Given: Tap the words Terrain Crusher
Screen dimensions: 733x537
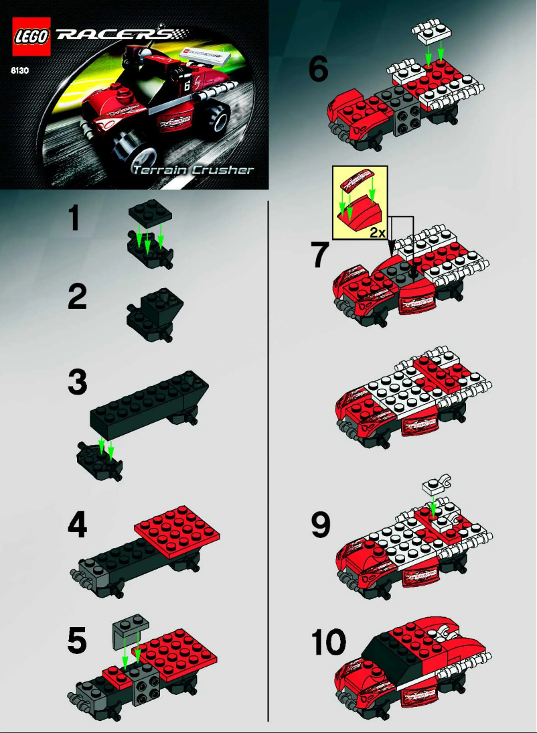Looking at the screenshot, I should [194, 170].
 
